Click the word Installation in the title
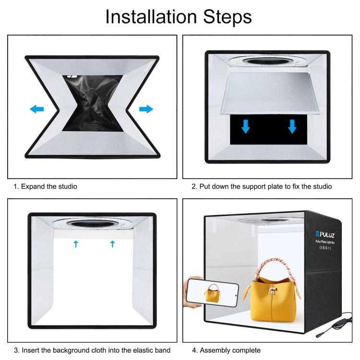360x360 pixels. pos(151,17)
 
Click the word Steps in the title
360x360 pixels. pos(228,17)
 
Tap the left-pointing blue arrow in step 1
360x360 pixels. pos(37,109)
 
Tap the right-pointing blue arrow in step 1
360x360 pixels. pos(146,109)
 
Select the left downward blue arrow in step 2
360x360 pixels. pos(246,126)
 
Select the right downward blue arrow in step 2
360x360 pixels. pos(292,126)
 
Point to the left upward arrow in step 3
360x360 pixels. pos(76,244)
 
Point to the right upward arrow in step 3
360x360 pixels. pos(112,244)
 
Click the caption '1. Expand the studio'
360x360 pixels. pos(45,186)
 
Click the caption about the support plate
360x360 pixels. pos(262,186)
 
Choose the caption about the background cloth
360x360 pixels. pos(92,350)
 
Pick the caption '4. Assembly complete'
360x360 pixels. pos(226,350)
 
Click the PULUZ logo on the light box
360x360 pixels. pos(325,234)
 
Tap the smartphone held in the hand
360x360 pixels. pos(212,292)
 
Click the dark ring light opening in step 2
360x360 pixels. pos(268,61)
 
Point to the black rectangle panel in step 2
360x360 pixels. pos(268,130)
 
